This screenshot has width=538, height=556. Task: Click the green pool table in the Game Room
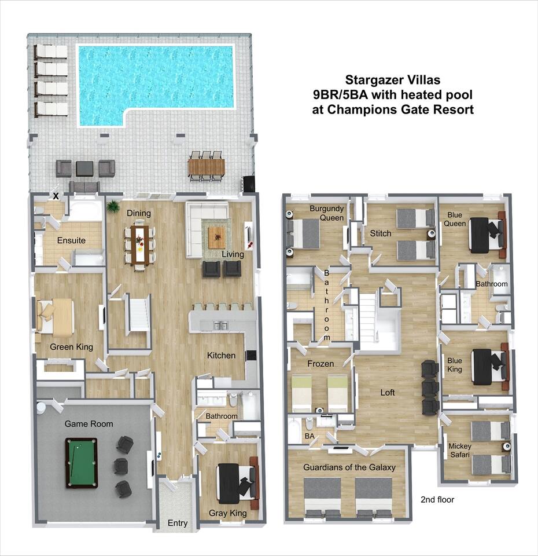point(82,463)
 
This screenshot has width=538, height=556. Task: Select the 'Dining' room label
point(139,213)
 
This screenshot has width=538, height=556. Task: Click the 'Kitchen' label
point(222,355)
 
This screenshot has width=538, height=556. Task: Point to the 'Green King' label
point(72,347)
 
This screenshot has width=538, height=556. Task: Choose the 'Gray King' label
point(228,513)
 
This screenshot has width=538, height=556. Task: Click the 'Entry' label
point(178,523)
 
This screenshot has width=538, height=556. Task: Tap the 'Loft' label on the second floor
point(388,392)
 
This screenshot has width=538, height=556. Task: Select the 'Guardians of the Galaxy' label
point(349,467)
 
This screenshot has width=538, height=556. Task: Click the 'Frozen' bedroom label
point(320,364)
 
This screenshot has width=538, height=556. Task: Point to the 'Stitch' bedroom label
point(381,233)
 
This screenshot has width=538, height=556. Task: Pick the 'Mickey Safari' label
point(460,451)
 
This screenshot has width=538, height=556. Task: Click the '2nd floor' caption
point(437,500)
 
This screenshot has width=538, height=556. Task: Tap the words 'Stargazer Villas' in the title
point(393,80)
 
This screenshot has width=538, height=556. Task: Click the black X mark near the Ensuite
point(56,196)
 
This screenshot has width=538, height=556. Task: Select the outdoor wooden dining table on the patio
point(206,167)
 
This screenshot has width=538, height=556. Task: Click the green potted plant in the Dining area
point(113,206)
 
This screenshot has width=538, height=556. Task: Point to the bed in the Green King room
point(55,317)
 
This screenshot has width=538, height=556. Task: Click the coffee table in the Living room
point(216,237)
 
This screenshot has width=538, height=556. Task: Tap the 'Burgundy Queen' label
point(327,213)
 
